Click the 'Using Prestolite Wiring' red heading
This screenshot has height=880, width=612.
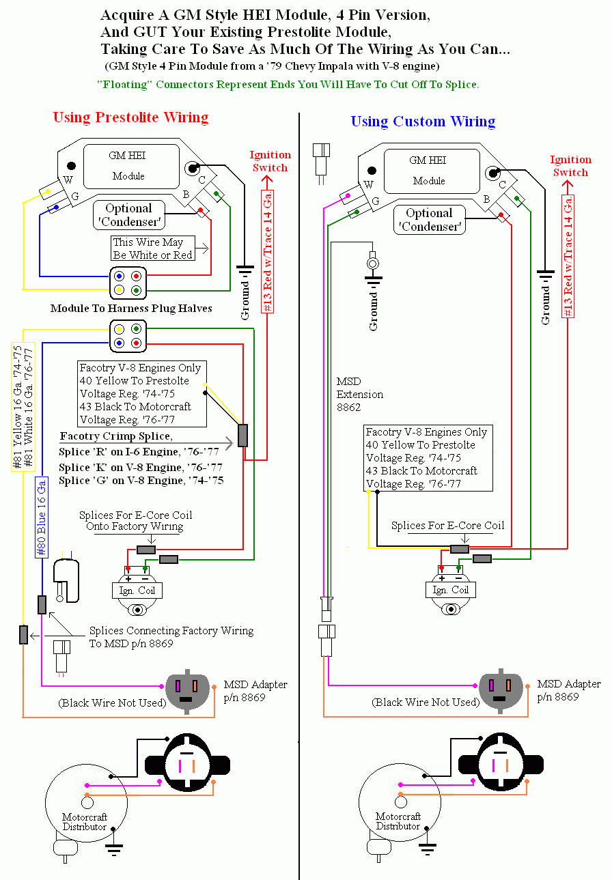(x=130, y=117)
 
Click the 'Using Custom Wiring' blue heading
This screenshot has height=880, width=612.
(x=423, y=122)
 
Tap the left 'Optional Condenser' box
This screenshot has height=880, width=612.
(x=128, y=215)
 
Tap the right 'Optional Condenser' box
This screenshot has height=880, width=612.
(x=429, y=220)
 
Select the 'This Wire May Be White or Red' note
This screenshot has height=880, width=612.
(x=152, y=249)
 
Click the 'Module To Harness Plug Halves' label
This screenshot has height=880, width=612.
(x=131, y=309)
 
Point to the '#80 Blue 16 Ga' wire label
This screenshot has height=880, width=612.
(x=42, y=517)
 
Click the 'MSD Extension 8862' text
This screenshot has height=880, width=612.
(x=360, y=395)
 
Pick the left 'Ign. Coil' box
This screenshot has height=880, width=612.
(x=137, y=591)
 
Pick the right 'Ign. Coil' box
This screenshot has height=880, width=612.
(x=451, y=590)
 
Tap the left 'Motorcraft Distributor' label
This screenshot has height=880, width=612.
(x=84, y=822)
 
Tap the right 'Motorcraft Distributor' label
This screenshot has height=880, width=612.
(x=398, y=821)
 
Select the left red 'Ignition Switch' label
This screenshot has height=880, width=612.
(x=270, y=161)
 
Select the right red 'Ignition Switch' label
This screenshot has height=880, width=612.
(x=570, y=166)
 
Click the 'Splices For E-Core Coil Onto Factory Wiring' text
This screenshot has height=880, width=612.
(x=135, y=521)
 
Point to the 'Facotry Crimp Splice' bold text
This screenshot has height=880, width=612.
(x=116, y=436)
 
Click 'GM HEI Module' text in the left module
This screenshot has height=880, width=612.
(x=128, y=165)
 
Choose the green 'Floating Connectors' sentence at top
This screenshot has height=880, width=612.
(x=288, y=85)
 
